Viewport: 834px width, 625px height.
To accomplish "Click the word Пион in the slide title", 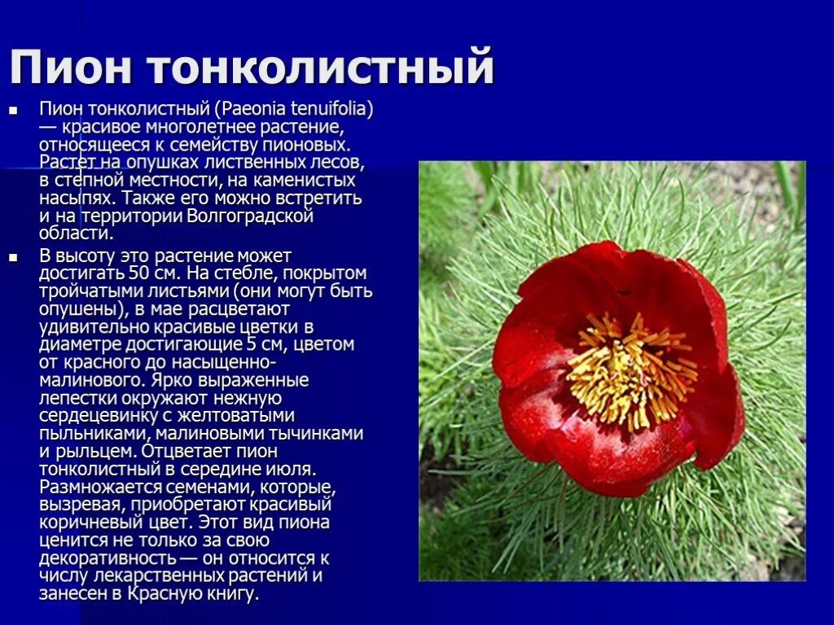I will point(70,68).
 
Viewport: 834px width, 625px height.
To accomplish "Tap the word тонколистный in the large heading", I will point(322,68).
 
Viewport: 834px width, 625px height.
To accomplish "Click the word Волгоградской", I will point(250,216).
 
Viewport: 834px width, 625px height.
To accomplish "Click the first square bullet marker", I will point(13,108).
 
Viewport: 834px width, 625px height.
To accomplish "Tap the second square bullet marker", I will point(13,256).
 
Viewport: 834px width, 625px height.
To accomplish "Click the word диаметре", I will point(73,344).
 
